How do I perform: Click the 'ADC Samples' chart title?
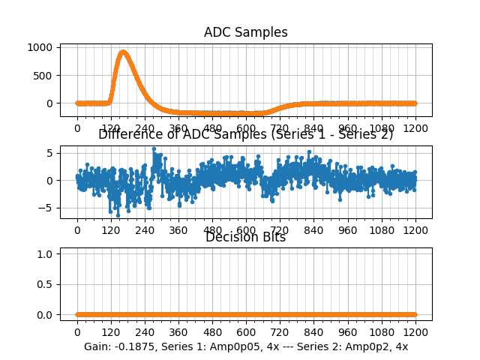click(x=245, y=32)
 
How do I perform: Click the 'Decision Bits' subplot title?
click(x=245, y=237)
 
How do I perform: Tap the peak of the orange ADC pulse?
click(x=123, y=52)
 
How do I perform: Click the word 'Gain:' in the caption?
click(x=99, y=347)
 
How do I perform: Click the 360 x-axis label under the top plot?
click(x=178, y=128)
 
